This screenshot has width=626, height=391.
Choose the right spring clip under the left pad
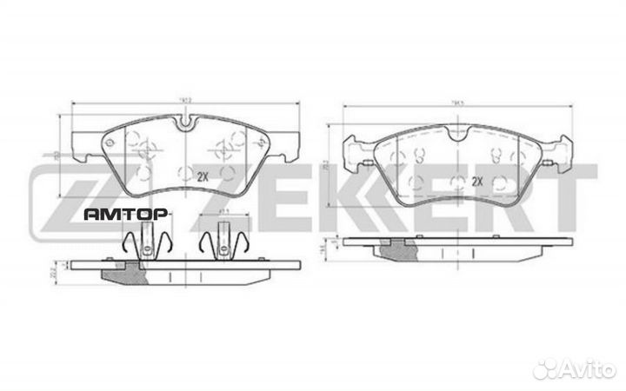pyautogui.click(x=223, y=241)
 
